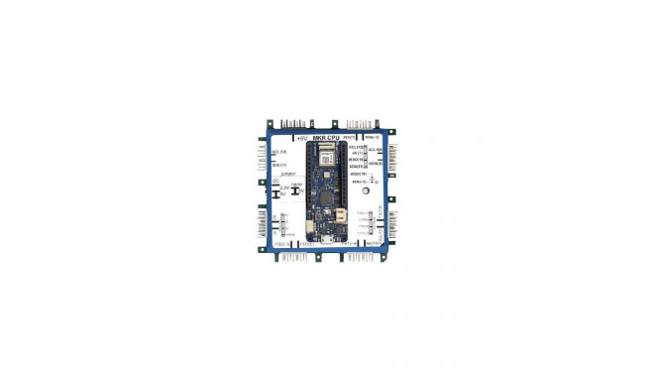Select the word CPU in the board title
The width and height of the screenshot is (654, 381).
tap(336, 137)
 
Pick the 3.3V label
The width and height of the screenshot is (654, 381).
tap(285, 187)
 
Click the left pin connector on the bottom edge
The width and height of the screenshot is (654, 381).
tap(292, 255)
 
